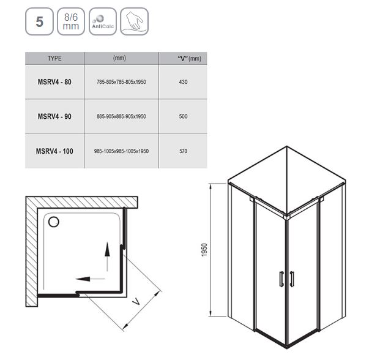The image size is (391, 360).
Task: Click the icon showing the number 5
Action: pos(39,21)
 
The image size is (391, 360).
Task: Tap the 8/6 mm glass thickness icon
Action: pos(71,21)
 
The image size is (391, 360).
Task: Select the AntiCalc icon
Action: pos(103,21)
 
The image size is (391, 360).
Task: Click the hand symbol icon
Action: pos(135,21)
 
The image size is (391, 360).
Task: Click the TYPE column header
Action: pos(54,58)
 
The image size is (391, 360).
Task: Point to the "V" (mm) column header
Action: pos(189,59)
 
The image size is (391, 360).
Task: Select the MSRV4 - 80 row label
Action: pos(54,82)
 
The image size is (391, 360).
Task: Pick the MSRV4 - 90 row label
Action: pos(54,116)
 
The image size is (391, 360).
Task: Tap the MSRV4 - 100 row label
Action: pos(54,151)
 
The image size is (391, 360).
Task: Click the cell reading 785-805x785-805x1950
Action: pos(121,82)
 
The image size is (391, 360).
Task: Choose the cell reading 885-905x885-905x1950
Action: pos(121,116)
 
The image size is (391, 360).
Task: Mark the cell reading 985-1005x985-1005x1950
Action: pos(121,151)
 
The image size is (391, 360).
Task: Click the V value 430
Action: pos(184,82)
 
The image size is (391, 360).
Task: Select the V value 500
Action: pos(184,116)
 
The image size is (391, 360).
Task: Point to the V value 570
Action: pos(184,151)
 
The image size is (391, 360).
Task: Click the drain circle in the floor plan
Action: pos(54,222)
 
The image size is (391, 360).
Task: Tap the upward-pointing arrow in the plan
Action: pos(107,257)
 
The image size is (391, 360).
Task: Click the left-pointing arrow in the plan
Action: pos(90,279)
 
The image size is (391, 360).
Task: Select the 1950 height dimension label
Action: pos(204,250)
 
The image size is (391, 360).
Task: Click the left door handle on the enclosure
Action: pos(281,279)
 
